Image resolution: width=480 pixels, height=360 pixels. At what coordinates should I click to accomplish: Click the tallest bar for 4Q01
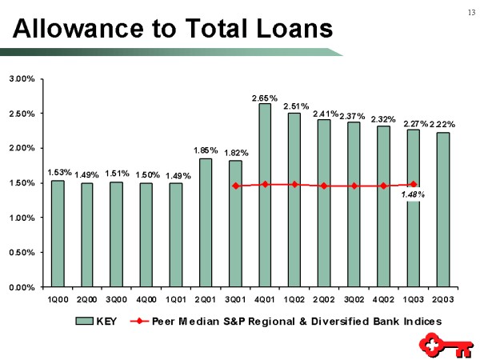[265, 194]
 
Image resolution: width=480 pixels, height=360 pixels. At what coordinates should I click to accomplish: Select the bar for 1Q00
[58, 233]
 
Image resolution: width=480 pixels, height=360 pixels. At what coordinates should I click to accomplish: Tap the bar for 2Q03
[443, 209]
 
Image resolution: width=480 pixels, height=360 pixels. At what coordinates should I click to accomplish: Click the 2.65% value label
[265, 98]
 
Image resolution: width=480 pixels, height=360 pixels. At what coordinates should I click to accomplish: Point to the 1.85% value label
[206, 150]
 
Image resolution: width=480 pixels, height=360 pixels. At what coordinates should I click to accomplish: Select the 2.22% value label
[442, 124]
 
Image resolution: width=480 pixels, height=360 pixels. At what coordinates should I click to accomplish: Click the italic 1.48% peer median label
[413, 194]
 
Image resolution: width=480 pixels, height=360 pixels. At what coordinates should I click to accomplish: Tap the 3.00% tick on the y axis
[22, 79]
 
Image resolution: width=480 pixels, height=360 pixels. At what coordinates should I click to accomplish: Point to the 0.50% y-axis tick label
[22, 252]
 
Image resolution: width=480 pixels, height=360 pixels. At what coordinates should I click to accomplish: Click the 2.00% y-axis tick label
[22, 148]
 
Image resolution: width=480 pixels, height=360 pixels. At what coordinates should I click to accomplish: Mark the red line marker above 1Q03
[414, 184]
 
